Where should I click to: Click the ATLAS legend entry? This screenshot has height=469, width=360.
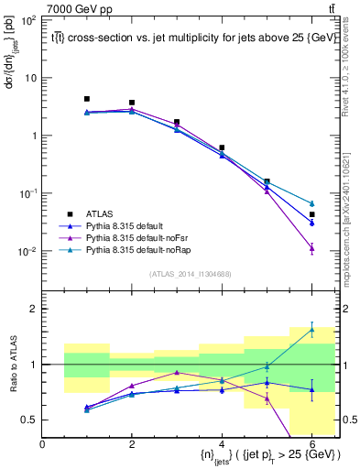click(96, 212)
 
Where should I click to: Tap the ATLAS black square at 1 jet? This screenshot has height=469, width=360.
click(87, 99)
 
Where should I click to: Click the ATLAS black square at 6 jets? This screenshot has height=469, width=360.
click(312, 214)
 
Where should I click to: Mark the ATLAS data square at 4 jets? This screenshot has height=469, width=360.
click(222, 147)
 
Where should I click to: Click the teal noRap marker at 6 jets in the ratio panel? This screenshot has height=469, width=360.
click(312, 330)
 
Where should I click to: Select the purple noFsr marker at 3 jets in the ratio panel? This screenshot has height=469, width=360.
click(177, 373)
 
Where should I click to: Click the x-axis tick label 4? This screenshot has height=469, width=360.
click(222, 444)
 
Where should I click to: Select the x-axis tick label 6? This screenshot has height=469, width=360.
click(312, 444)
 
